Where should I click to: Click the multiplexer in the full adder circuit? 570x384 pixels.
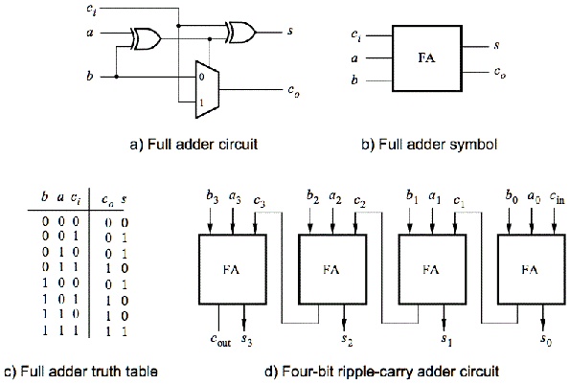point(207,90)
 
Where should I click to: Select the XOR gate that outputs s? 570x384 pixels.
point(240,33)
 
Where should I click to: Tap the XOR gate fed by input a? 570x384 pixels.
point(146,38)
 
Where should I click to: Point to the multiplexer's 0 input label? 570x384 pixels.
point(202,77)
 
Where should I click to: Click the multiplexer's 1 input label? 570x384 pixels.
point(201,103)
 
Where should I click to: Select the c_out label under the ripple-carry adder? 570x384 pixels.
point(220,340)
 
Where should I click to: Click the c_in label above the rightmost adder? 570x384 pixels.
point(557,197)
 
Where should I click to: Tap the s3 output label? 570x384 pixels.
point(247,340)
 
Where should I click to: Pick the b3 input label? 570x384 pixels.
point(213,196)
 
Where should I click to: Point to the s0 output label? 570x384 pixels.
point(546,340)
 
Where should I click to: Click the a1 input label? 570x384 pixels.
point(435,197)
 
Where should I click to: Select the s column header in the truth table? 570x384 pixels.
point(124,199)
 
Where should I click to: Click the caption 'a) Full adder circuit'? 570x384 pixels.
point(194,145)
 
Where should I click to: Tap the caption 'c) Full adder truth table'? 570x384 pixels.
point(81,372)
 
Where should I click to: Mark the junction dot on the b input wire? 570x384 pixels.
point(116,77)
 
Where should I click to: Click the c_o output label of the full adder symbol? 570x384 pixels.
point(499,73)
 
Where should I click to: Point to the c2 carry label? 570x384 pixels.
point(359,202)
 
